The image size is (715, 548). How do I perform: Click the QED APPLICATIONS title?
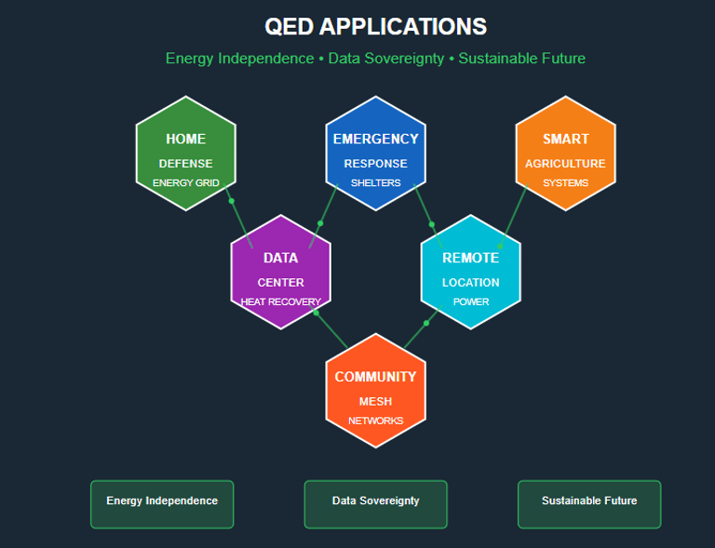tap(375, 26)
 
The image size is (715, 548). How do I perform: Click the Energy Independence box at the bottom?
tap(162, 503)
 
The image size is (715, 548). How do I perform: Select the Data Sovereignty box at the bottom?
tap(375, 503)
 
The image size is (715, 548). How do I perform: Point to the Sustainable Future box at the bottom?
tap(589, 503)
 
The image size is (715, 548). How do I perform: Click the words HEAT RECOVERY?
tap(280, 301)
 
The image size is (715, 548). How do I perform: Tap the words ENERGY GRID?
tap(185, 183)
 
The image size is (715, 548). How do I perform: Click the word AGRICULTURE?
tap(565, 164)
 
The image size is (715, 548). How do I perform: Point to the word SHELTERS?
tap(375, 183)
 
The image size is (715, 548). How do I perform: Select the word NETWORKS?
tap(375, 421)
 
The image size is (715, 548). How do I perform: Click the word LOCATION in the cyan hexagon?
tap(470, 282)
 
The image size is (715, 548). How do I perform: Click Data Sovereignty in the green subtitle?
tap(384, 59)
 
